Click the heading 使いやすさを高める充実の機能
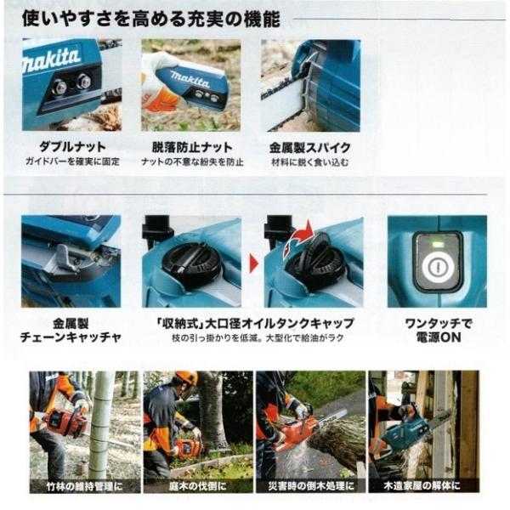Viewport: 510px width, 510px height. (x=158, y=17)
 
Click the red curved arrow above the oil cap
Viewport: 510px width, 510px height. (x=301, y=234)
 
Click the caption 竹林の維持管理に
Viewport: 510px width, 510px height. (x=84, y=487)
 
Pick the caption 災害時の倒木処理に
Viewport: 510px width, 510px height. (x=309, y=487)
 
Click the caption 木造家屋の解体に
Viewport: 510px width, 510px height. (x=422, y=487)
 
